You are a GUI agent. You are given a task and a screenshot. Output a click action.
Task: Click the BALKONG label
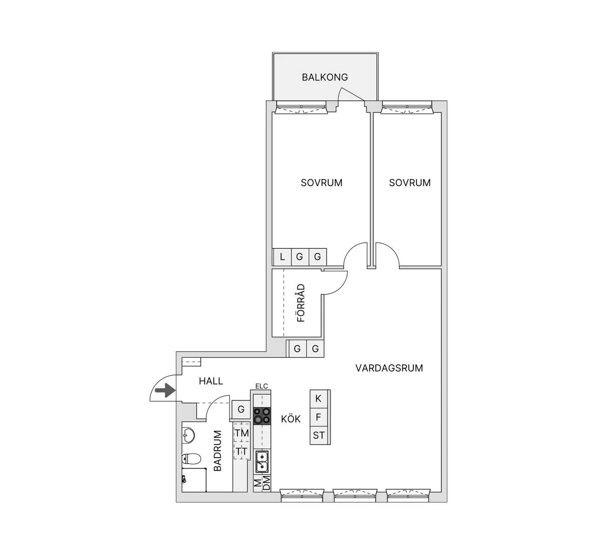pyautogui.click(x=325, y=77)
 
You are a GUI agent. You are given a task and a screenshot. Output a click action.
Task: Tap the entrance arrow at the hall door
pyautogui.click(x=165, y=391)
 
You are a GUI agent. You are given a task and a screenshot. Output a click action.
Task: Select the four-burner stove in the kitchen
pyautogui.click(x=262, y=416)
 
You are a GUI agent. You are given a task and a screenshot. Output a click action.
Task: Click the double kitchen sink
pyautogui.click(x=262, y=461)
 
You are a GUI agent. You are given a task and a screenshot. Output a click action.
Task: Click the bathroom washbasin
pyautogui.click(x=188, y=435)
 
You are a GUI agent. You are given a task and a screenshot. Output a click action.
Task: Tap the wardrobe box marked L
pyautogui.click(x=282, y=257)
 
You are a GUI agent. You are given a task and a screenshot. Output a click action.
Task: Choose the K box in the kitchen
pyautogui.click(x=318, y=399)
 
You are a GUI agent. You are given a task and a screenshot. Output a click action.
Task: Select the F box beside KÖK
pyautogui.click(x=318, y=417)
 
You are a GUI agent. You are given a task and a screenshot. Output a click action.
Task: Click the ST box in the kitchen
pyautogui.click(x=318, y=435)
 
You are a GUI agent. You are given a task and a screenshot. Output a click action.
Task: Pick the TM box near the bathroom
pyautogui.click(x=242, y=433)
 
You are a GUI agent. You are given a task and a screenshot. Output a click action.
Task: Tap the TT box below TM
pyautogui.click(x=242, y=451)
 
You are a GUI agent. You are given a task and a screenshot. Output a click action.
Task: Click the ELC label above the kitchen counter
pyautogui.click(x=261, y=387)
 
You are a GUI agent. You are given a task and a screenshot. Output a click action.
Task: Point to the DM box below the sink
pyautogui.click(x=266, y=483)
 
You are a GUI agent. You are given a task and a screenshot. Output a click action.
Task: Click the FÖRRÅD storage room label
pyautogui.click(x=301, y=303)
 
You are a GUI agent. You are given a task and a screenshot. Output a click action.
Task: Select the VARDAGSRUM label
pyautogui.click(x=389, y=368)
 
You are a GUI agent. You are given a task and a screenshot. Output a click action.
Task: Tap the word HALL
pyautogui.click(x=211, y=381)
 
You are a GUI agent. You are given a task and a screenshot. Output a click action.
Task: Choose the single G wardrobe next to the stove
pyautogui.click(x=241, y=409)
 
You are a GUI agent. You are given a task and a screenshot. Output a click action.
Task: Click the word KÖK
pyautogui.click(x=291, y=419)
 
